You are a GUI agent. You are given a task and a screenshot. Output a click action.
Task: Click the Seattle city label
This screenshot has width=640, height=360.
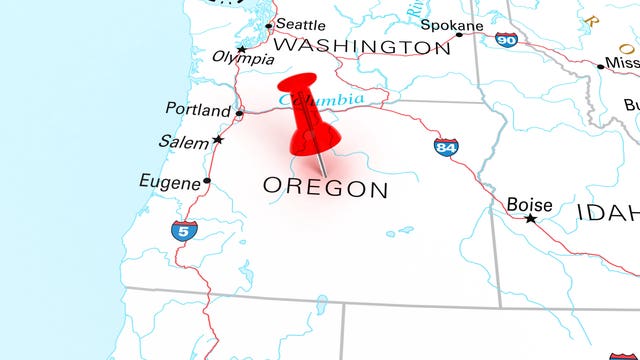coord(300,24)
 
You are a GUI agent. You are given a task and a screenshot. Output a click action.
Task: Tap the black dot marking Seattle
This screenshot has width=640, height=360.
coord(269,25)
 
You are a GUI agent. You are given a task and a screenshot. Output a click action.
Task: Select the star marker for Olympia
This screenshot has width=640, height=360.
coord(242,48)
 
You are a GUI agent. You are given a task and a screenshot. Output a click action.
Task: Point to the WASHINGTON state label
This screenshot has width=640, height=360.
coord(361,46)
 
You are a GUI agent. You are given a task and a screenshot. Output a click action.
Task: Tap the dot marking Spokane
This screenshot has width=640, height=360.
coord(459,35)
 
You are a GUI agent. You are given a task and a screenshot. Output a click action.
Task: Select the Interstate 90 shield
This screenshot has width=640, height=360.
coord(506,40)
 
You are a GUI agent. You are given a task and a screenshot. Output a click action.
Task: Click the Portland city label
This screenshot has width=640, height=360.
coord(198,110)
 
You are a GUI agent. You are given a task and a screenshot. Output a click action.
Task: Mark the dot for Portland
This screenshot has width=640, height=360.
coord(239,113)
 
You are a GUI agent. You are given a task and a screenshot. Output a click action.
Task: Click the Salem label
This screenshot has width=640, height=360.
coord(183,142)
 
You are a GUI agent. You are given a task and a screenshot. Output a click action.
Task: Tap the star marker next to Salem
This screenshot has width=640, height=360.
coord(218,140)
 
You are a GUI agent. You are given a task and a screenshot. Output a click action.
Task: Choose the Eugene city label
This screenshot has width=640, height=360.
coord(169,181)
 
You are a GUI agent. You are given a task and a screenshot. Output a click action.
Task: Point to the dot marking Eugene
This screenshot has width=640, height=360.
coord(207,181)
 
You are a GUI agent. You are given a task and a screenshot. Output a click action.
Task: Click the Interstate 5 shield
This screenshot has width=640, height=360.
coord(181,231)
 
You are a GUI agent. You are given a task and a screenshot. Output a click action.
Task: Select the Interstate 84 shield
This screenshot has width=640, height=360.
coord(446,147)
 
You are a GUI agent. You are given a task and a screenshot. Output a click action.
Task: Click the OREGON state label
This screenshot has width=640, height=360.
coord(325,187)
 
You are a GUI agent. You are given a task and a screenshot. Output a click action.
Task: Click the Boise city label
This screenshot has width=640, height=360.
coord(529,204)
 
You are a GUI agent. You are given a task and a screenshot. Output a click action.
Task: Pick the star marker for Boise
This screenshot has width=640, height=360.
coord(531,218)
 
